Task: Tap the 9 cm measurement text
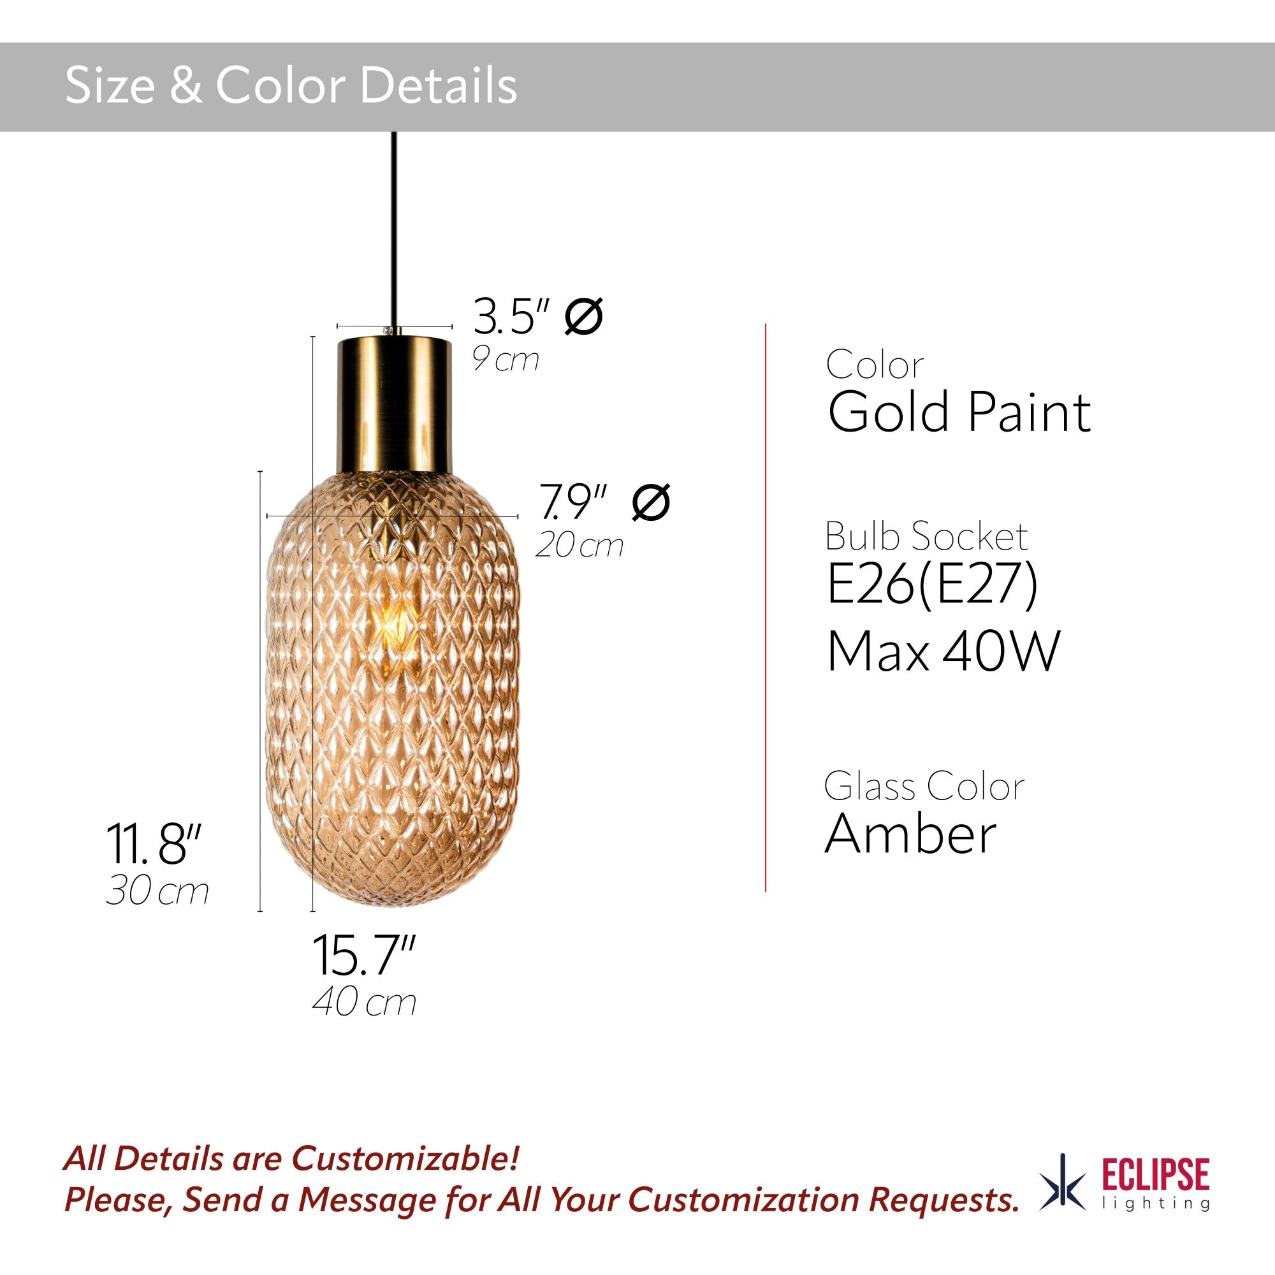click(506, 360)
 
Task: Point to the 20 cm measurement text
click(579, 546)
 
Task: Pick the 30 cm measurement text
click(157, 891)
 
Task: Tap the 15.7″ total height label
click(363, 956)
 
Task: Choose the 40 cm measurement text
click(364, 1002)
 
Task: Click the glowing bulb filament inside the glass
click(394, 620)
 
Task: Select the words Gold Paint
click(959, 413)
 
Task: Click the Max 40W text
click(943, 652)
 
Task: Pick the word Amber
click(910, 833)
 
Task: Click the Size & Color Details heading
click(291, 87)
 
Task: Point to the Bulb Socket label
click(926, 536)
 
